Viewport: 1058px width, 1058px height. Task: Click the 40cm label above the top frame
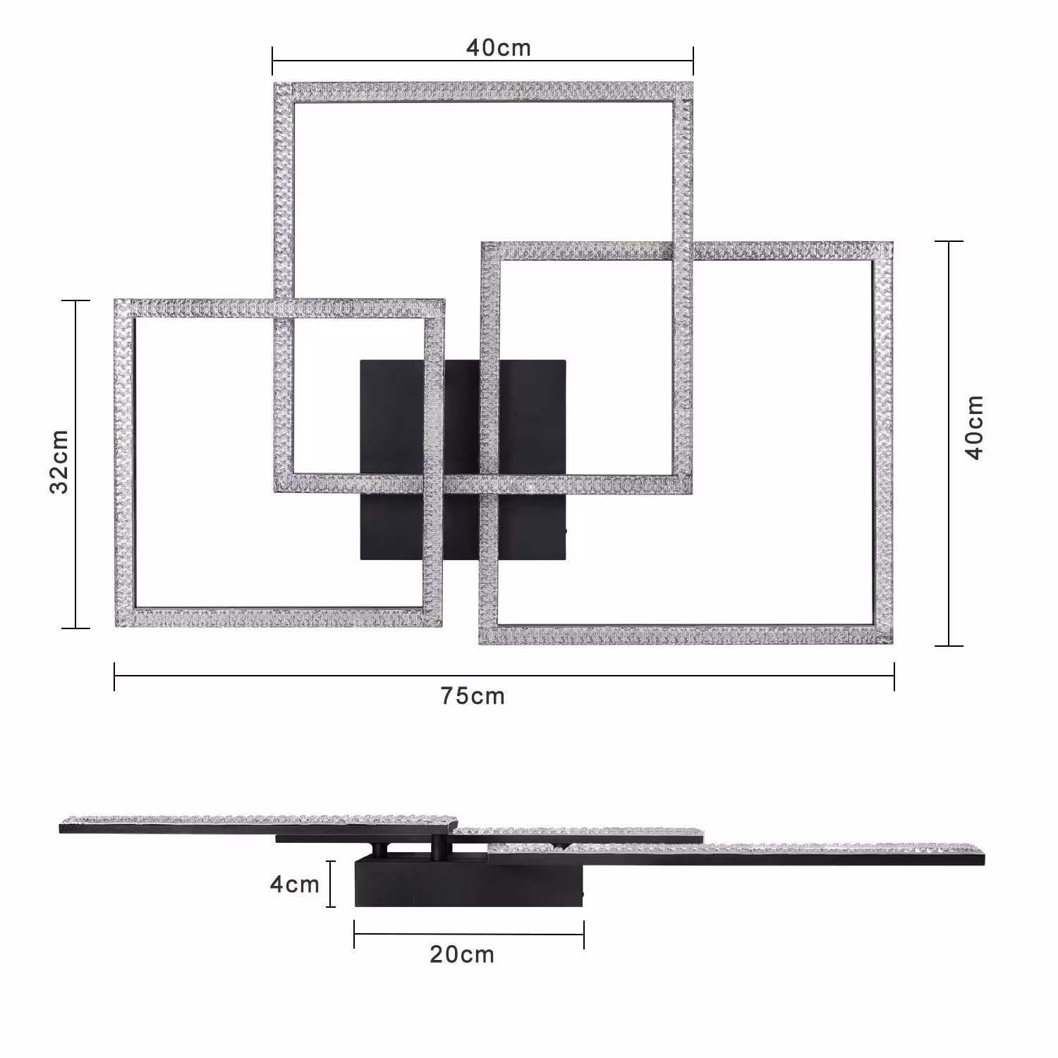coord(498,48)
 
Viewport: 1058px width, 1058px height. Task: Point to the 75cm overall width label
coord(473,696)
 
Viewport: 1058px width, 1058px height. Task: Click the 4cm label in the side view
coord(295,884)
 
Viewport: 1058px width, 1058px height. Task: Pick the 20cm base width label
coord(462,954)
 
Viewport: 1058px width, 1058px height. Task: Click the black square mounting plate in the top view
coord(463,460)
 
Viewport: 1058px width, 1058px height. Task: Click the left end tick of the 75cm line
coord(114,676)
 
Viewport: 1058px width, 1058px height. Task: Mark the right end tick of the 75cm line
coord(894,676)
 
